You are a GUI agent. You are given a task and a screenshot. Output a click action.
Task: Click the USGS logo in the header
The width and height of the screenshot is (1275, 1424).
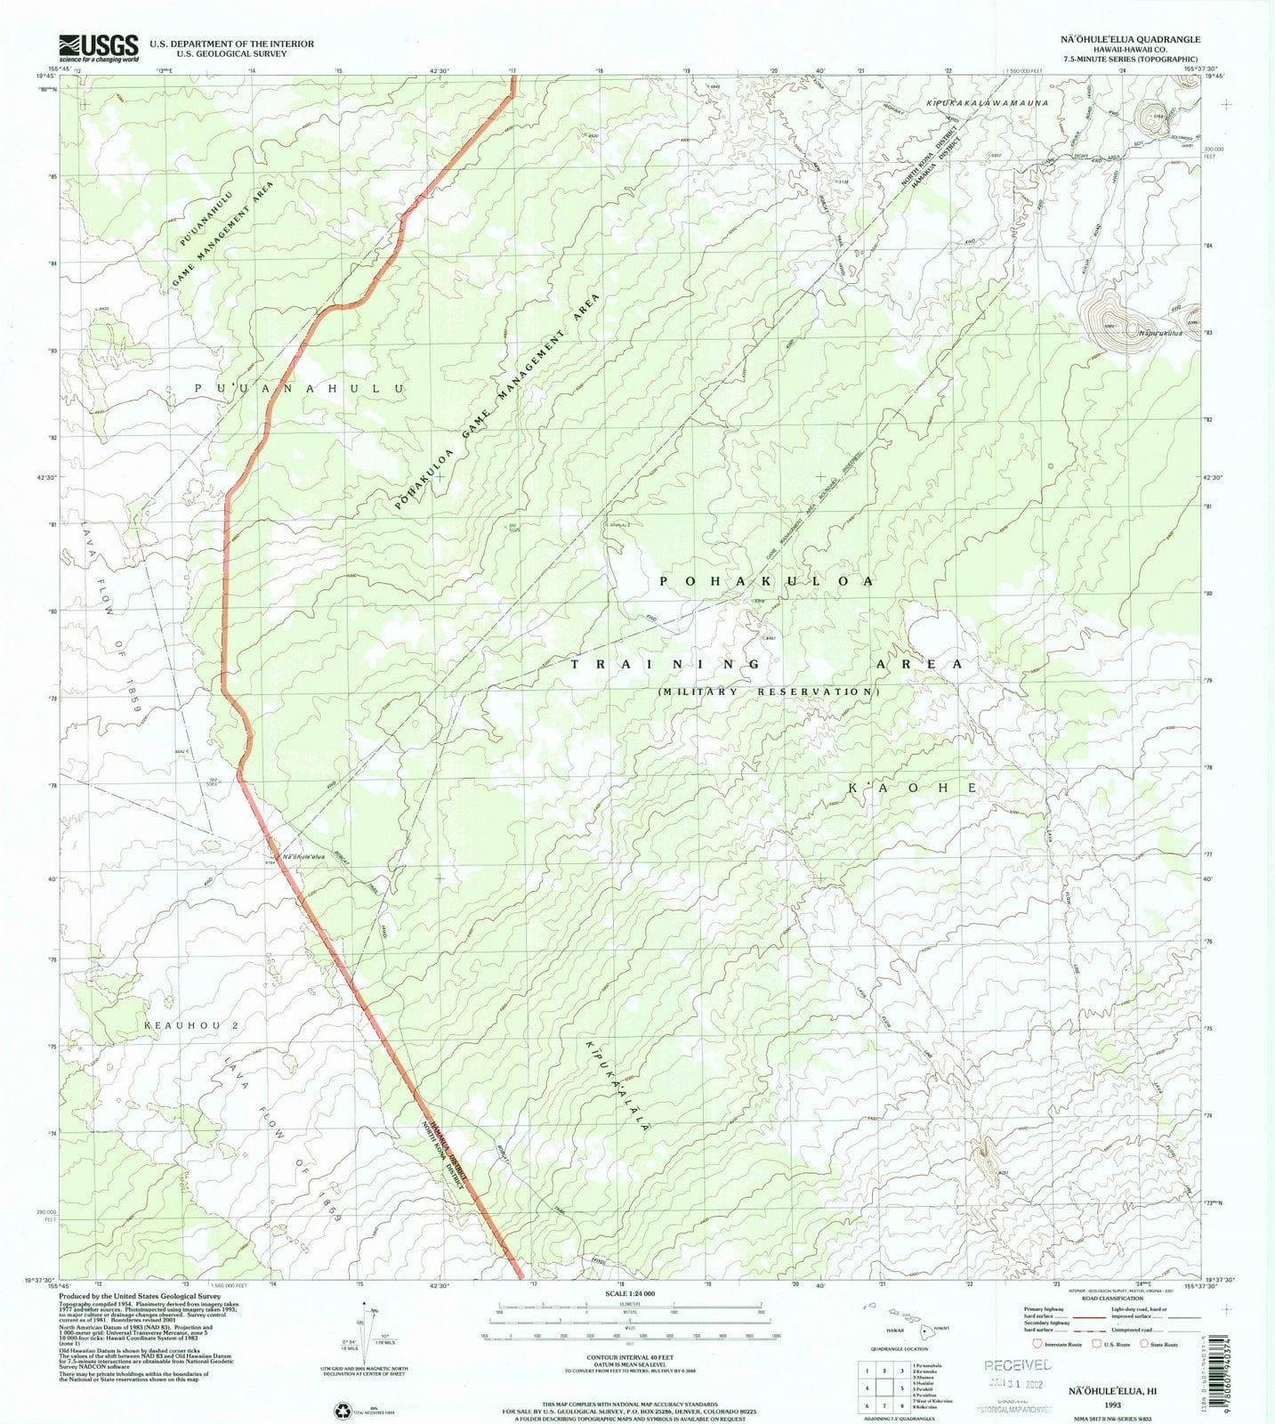98,47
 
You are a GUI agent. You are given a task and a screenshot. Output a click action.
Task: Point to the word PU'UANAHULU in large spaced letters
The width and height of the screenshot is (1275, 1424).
299,389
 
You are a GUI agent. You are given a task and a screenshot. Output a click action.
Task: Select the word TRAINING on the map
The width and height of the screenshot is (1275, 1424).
665,664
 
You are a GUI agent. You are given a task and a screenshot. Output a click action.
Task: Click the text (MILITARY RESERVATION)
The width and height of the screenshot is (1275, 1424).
769,692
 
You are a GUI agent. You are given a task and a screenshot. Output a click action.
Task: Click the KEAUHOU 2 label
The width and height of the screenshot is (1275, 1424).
191,1025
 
